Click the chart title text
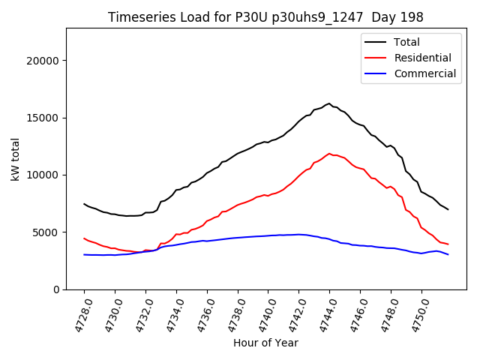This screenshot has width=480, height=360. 265,17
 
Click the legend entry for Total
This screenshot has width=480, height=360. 406,42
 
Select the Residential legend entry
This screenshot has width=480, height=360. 422,58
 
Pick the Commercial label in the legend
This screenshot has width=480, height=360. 424,73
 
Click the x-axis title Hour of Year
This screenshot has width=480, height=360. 265,343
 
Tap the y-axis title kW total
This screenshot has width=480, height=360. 16,159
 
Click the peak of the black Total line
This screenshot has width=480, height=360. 329,103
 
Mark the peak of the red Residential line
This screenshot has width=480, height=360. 329,154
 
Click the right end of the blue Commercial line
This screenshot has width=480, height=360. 448,254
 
